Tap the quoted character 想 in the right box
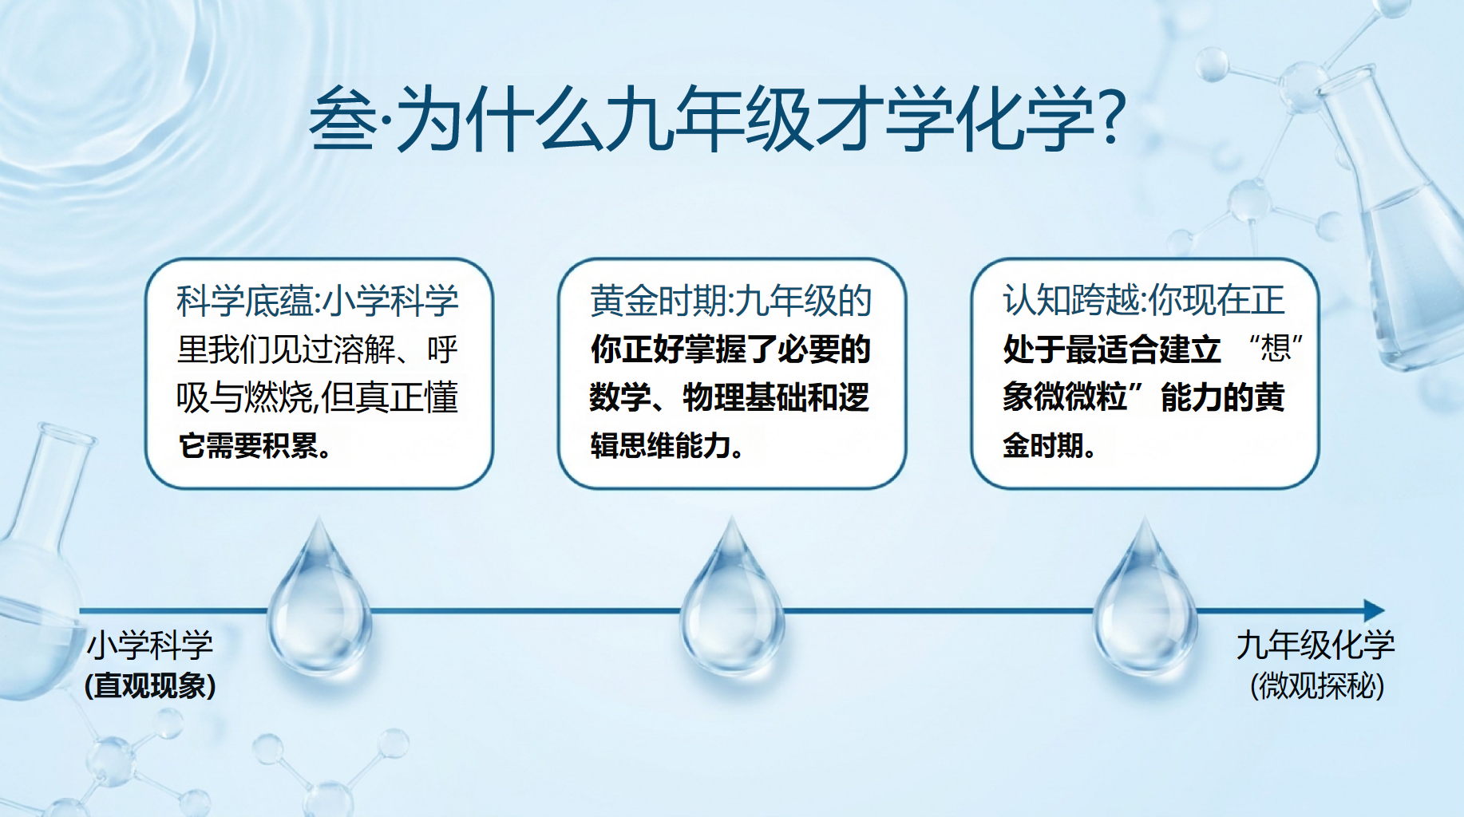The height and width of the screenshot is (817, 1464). (x=1276, y=349)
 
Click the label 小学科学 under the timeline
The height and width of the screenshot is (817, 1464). (x=150, y=645)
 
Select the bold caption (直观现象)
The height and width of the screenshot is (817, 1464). (x=150, y=685)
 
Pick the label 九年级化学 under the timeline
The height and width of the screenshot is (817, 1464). (x=1316, y=645)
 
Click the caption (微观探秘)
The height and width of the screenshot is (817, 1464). (x=1317, y=685)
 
